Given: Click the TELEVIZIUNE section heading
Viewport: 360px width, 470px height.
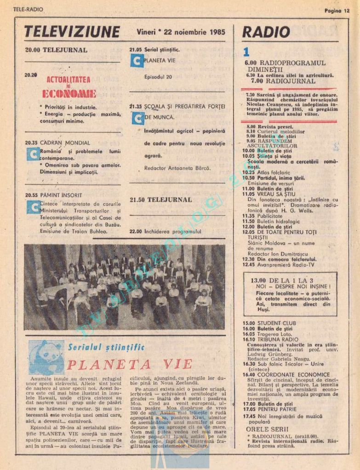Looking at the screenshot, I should click(x=72, y=32).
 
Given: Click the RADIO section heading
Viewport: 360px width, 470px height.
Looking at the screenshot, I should click(x=266, y=32).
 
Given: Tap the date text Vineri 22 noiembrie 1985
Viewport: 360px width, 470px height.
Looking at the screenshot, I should click(x=181, y=32).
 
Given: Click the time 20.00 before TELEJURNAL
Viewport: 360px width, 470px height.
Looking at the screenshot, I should click(x=32, y=50).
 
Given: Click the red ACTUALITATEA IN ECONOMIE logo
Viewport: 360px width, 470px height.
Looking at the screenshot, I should click(x=69, y=87).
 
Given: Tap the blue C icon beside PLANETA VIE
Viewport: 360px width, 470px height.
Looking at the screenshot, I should click(x=137, y=60).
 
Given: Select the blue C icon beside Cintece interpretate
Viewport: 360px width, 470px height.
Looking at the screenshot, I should click(x=33, y=207).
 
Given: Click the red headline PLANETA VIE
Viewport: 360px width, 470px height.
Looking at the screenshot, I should click(x=129, y=364).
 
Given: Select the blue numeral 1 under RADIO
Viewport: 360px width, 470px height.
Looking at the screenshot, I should click(x=246, y=52).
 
